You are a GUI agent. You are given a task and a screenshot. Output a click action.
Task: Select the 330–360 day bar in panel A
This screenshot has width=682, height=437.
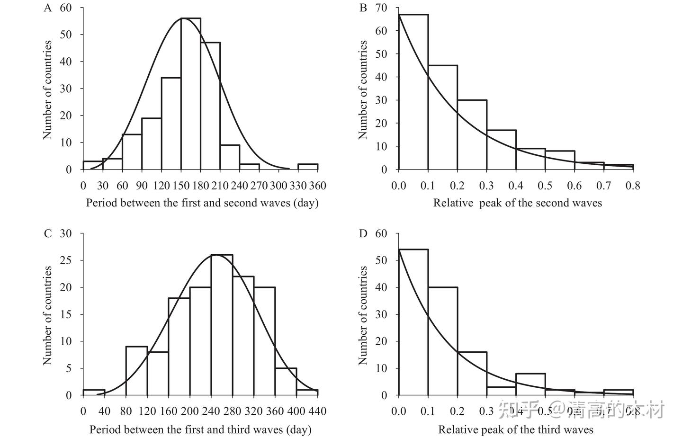(308, 167)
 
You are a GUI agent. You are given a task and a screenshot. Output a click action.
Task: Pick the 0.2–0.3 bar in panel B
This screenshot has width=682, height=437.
(472, 134)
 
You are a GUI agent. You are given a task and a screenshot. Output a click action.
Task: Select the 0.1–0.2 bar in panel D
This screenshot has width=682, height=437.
(443, 341)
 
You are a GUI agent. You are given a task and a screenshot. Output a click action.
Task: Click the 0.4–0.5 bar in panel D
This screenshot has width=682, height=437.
(531, 384)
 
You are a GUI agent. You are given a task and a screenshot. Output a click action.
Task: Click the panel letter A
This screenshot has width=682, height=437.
(47, 8)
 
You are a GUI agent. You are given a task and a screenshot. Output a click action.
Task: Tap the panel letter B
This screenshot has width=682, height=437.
(363, 8)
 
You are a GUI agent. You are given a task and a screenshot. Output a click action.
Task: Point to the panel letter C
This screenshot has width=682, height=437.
(47, 233)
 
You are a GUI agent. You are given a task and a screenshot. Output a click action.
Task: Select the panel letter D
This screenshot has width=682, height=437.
(363, 233)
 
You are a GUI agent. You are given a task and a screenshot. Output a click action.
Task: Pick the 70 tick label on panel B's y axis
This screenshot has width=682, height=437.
(381, 8)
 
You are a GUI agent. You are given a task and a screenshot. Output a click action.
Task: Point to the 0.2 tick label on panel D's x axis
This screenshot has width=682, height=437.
(458, 411)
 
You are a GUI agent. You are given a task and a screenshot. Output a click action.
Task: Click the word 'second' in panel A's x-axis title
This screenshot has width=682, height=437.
(241, 203)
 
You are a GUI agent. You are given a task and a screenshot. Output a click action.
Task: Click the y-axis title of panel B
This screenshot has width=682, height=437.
(363, 89)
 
